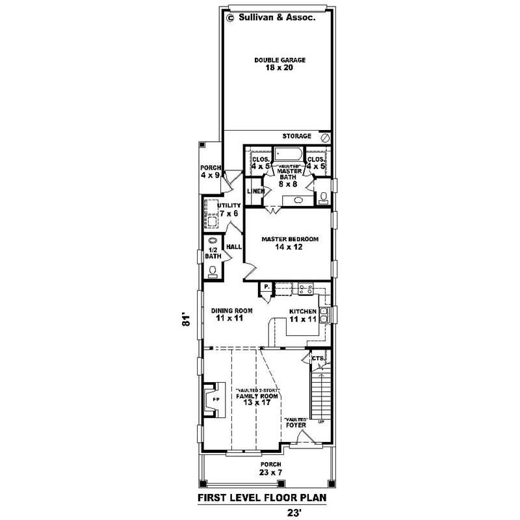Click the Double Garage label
[279, 64]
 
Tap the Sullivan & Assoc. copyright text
[271, 18]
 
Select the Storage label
[296, 136]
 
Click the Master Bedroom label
[290, 243]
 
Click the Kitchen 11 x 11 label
[302, 316]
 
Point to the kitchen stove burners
[305, 287]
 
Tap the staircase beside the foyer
[320, 395]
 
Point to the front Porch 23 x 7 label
[270, 468]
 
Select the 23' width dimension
[294, 512]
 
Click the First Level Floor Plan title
[261, 499]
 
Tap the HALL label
[233, 247]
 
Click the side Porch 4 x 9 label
[211, 172]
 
